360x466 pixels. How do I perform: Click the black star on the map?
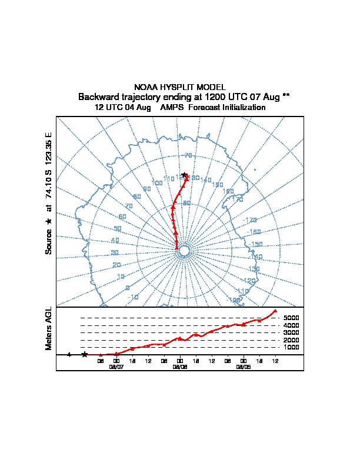[184, 175]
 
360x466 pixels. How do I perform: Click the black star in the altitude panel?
[85, 354]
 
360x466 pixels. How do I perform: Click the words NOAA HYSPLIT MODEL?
[180, 87]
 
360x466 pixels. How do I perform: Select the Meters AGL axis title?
[49, 328]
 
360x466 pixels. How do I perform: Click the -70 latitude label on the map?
[188, 155]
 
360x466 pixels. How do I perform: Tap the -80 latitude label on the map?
[186, 203]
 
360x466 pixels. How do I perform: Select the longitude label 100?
[157, 183]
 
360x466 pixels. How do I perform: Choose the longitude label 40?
[115, 241]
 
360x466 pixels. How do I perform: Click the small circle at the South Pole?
[184, 251]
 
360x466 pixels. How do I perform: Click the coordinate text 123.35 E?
[49, 147]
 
